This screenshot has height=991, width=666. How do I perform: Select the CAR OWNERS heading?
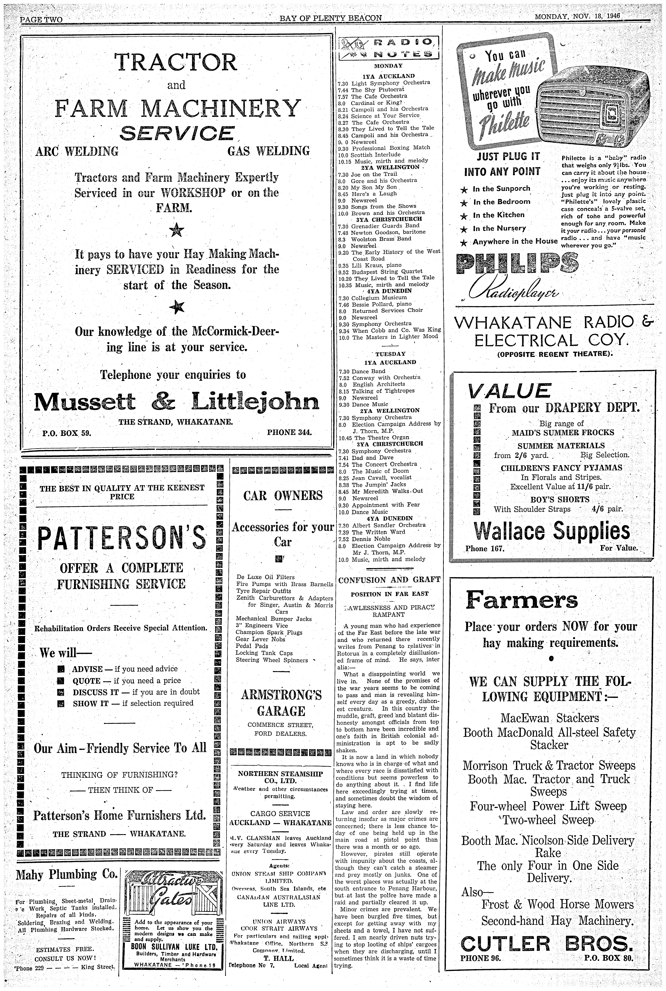(283, 495)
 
